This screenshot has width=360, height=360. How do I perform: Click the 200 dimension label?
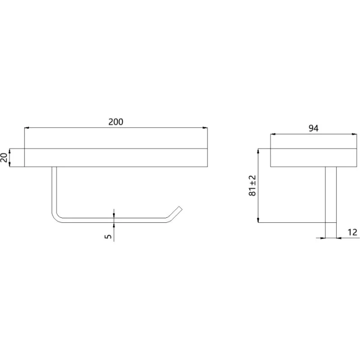(116, 121)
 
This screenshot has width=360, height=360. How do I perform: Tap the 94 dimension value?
(313, 128)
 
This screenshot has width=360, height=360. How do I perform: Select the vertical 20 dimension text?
(4, 157)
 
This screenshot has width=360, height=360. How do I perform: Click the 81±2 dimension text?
(252, 185)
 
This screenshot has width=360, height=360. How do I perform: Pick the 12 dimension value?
(352, 232)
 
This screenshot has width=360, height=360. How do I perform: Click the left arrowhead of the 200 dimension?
(27, 128)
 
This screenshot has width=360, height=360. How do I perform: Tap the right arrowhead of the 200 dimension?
(205, 128)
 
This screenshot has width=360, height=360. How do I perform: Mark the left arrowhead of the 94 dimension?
(273, 134)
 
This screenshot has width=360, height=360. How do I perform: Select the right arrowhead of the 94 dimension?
(355, 134)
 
